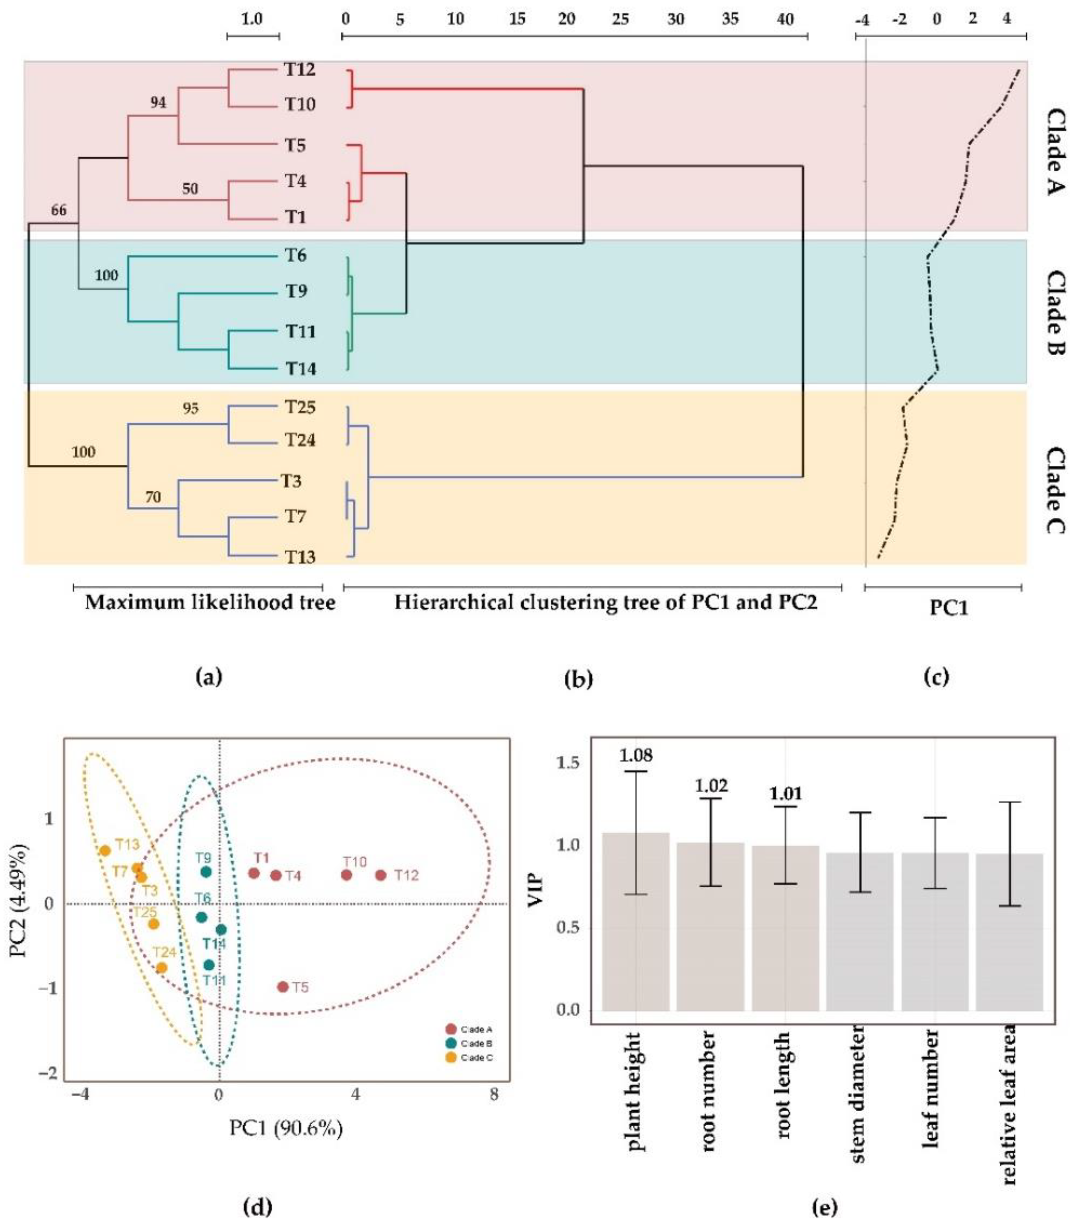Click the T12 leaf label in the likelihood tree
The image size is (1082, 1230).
299,70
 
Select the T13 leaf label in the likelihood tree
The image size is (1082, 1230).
300,557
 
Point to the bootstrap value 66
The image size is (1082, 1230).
58,211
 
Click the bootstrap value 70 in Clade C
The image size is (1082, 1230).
153,497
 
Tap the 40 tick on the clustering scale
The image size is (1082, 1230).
785,19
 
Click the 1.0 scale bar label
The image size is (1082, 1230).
252,19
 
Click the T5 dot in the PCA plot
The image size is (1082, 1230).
282,987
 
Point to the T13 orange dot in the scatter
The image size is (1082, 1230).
105,850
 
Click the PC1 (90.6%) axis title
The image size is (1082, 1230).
286,1128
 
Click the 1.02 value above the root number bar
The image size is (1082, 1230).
711,786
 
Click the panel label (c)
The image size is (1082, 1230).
936,677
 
